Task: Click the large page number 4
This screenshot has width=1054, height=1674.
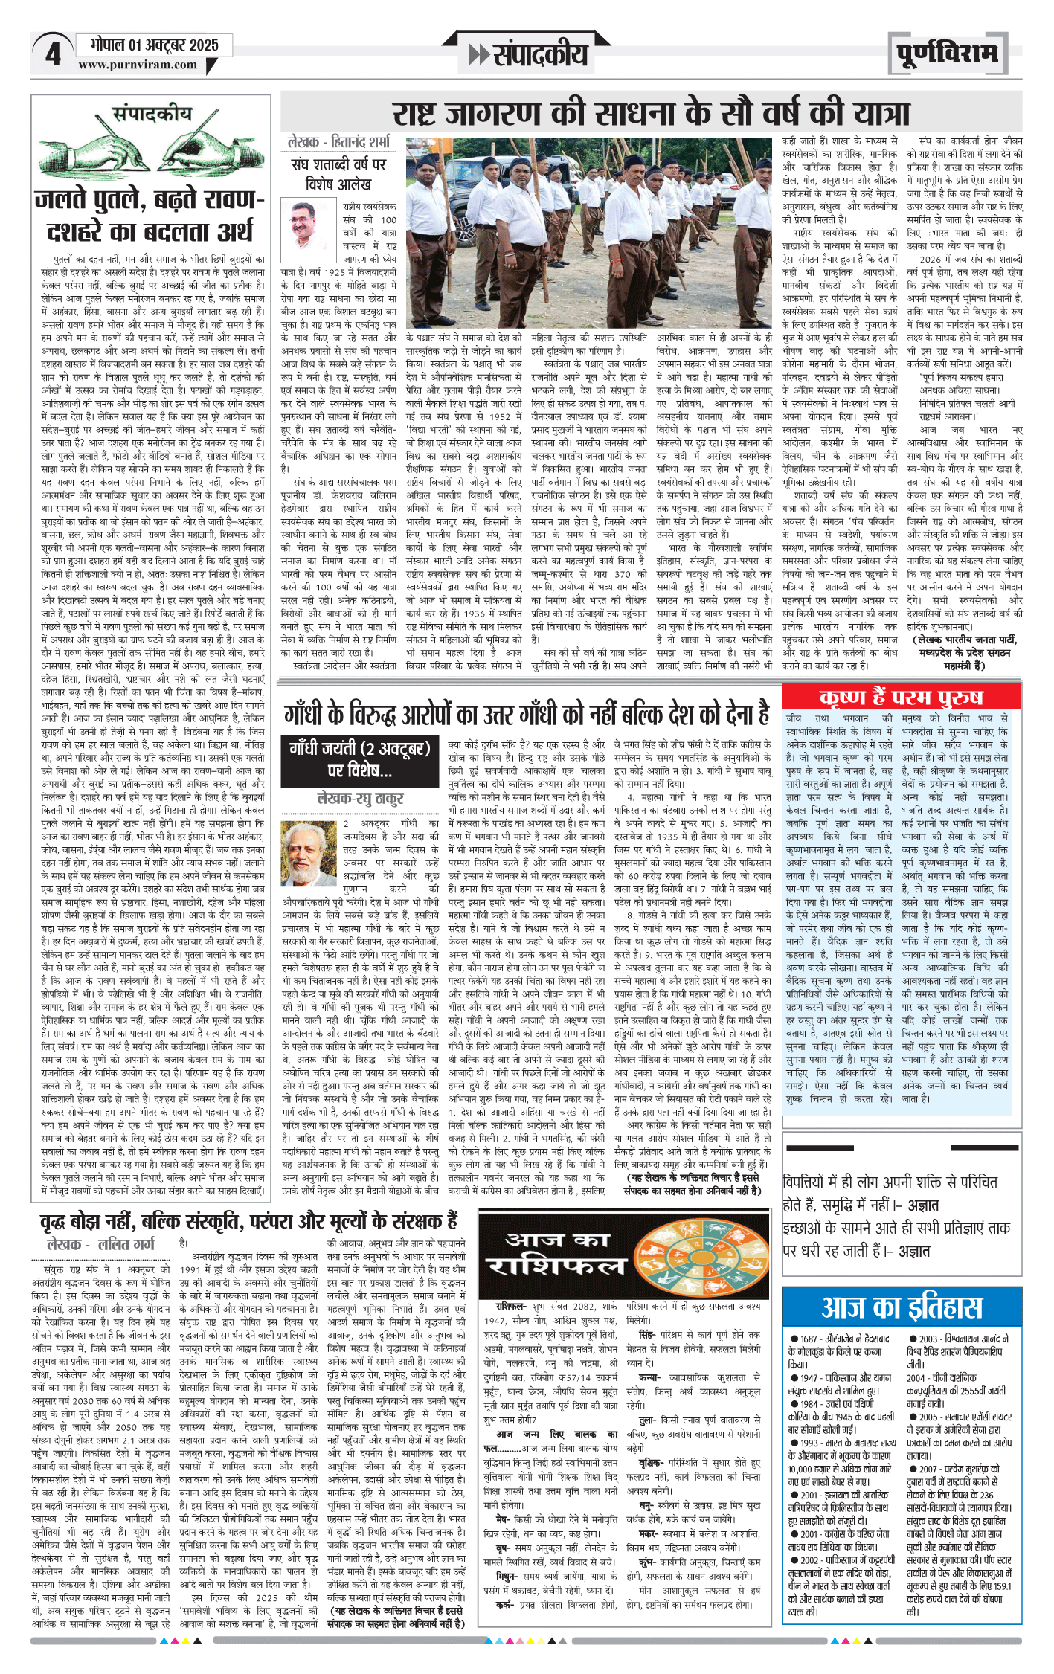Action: [52, 55]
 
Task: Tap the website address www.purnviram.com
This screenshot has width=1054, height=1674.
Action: [138, 65]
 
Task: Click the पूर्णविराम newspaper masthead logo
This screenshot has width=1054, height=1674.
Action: [947, 54]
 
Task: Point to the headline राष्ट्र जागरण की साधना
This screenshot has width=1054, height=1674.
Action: [651, 114]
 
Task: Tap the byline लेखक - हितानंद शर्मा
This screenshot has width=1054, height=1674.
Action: [338, 141]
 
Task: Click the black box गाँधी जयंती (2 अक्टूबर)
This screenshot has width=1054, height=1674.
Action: [359, 758]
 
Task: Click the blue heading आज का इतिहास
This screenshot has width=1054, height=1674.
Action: [902, 1307]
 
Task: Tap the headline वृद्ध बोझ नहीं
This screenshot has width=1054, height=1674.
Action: [249, 1221]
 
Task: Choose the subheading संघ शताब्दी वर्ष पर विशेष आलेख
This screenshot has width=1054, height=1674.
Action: [338, 173]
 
